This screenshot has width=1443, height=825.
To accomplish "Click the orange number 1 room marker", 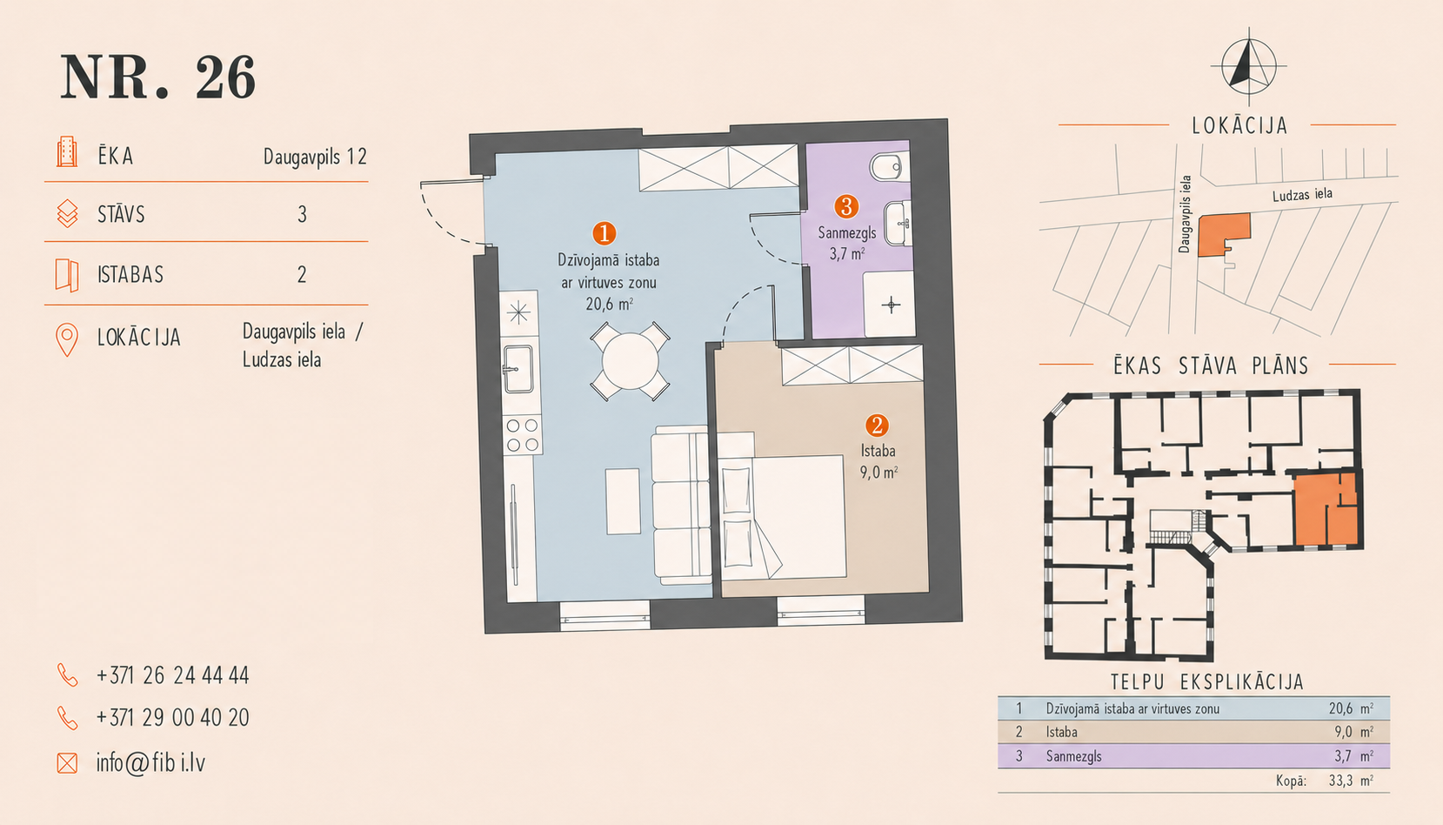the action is coord(605,233).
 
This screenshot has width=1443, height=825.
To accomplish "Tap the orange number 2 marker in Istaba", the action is coord(877,426).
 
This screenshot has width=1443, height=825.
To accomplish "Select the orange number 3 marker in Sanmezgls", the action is coord(846,207).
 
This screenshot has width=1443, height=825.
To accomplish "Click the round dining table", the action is coord(630,361).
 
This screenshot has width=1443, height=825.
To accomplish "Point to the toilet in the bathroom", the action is coord(889,169).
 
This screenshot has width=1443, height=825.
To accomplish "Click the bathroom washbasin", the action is coord(897,224).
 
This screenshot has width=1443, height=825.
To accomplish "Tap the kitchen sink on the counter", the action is coord(518,369).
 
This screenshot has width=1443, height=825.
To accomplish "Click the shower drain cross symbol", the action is coord(891,305).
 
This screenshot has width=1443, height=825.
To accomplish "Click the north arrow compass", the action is coord(1248,66).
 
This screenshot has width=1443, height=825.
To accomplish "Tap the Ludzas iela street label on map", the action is coord(1302,194).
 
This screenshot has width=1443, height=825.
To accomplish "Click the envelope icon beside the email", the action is coord(67,763).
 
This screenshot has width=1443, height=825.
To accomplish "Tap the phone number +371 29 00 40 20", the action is coord(172,717).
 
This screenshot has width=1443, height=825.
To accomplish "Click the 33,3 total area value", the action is coord(1339,781).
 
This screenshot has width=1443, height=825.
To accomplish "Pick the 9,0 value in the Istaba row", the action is coord(1343,732).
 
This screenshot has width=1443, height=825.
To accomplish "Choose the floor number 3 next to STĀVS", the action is coord(302,214).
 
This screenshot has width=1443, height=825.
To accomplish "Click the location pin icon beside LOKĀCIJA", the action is coord(67,339).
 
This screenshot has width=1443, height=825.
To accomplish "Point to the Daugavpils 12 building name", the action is coord(315,157).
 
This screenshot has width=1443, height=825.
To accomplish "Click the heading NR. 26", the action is coord(158,77).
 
